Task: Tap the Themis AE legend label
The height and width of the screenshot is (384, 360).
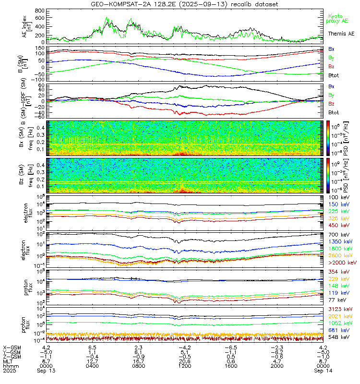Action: pyautogui.click(x=341, y=34)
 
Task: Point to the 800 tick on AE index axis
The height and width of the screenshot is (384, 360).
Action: pyautogui.click(x=40, y=10)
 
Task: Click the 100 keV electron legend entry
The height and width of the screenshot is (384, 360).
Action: pyautogui.click(x=338, y=197)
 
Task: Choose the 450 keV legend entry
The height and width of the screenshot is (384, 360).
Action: pyautogui.click(x=338, y=225)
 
